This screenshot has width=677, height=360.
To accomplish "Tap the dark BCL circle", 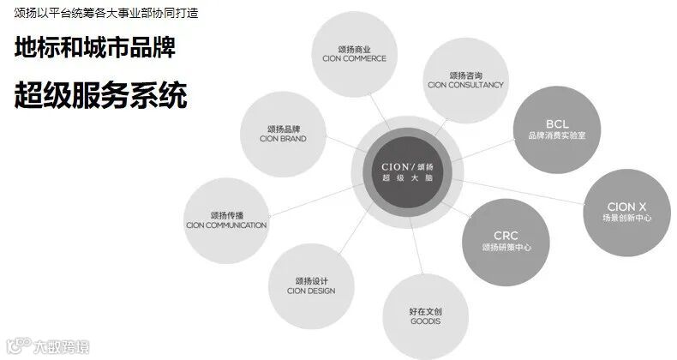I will pos(556,129).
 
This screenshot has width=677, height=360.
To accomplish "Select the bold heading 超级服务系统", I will pos(100,95).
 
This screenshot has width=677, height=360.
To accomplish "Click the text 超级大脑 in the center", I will pos(408,177).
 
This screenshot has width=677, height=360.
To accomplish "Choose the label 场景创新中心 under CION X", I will pos(627,219).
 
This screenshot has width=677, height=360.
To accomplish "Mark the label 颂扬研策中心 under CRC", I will pos(506,248).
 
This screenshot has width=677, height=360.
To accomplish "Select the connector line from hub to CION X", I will pos(523,191).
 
